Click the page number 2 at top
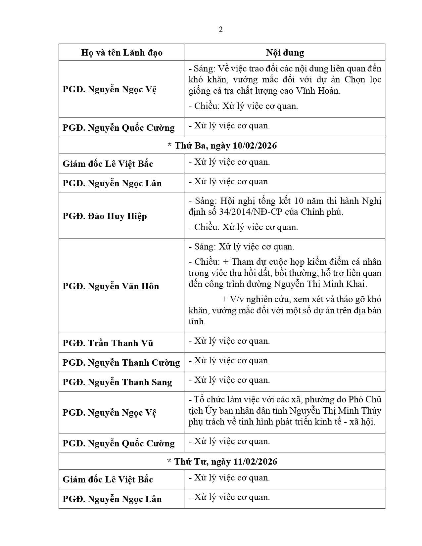click(x=221, y=30)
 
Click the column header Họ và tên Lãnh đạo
click(x=122, y=53)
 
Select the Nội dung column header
click(x=285, y=53)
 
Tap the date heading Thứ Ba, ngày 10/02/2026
click(x=222, y=146)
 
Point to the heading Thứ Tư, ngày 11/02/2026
click(x=222, y=461)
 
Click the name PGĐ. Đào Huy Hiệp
click(x=105, y=216)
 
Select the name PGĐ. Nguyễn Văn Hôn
click(x=111, y=286)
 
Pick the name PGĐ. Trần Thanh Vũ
click(x=108, y=343)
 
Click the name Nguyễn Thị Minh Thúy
click(x=335, y=411)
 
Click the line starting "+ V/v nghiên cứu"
click(x=301, y=299)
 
